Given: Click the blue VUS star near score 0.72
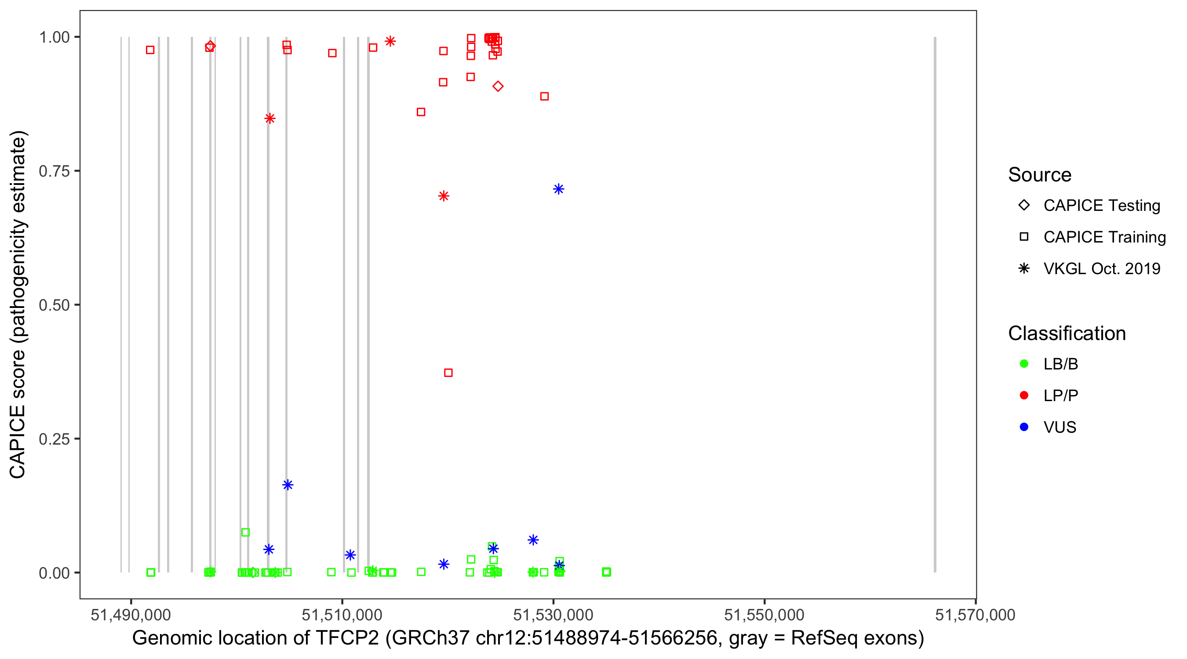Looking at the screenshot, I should pos(558,189).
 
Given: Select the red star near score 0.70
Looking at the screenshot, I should pos(443,196).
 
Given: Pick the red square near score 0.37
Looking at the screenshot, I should pos(448,373).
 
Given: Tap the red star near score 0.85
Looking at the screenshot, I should pos(270,118).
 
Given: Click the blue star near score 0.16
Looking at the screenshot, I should pos(288,485).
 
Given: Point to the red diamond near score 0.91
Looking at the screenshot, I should pos(498,86).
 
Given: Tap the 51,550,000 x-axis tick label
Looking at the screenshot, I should pos(764,614).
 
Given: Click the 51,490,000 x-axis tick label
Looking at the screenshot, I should pos(131,614).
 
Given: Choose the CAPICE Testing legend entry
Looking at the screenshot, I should pos(1101,206).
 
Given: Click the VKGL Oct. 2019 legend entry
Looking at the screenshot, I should pos(1101,268).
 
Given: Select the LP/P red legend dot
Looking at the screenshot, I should pos(1024,395).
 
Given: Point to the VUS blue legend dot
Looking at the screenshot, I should pos(1024,427).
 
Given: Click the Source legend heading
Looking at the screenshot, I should pos(1040,175).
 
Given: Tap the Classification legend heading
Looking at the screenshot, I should pos(1067,333).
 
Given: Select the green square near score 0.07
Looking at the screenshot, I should pos(246,532).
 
